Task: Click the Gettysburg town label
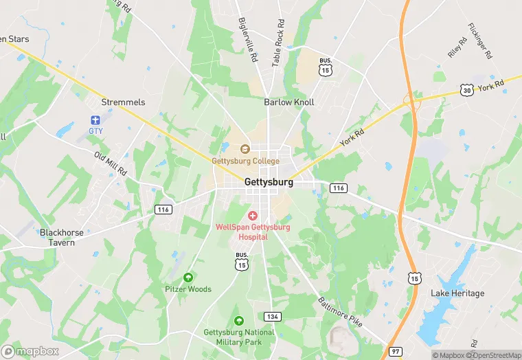click(269, 183)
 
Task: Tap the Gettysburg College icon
click(245, 148)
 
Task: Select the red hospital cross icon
click(252, 216)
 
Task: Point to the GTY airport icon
click(95, 120)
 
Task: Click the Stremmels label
click(123, 102)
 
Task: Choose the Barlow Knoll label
click(289, 102)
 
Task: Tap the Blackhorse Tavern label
click(62, 237)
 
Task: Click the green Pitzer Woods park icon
click(188, 278)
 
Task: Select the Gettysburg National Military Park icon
click(239, 320)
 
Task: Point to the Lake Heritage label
click(457, 293)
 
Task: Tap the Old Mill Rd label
click(111, 162)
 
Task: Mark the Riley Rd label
click(457, 47)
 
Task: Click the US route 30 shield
click(468, 90)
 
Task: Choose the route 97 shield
click(394, 352)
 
